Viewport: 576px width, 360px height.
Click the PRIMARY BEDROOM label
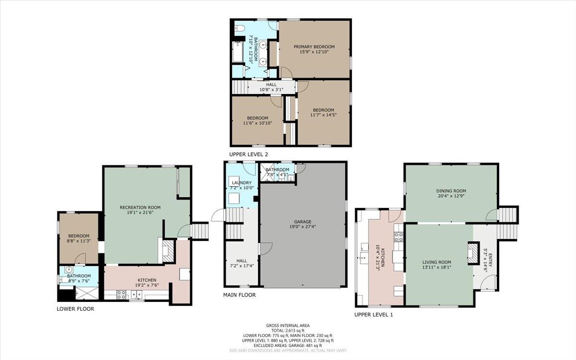(x=314, y=47)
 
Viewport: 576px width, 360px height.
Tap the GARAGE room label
(x=303, y=222)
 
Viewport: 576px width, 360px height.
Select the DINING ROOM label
(x=451, y=191)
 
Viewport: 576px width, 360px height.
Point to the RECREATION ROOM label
(x=140, y=207)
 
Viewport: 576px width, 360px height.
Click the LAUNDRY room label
(x=242, y=183)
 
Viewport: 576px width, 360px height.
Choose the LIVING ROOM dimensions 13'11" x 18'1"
(x=437, y=267)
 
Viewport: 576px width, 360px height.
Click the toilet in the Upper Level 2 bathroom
(x=239, y=28)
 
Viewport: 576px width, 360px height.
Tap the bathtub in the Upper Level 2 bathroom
(x=238, y=52)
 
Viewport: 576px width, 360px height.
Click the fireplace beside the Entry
(x=474, y=253)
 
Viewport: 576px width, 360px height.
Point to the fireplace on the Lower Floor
(x=168, y=251)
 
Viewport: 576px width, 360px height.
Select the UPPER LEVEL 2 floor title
(x=249, y=155)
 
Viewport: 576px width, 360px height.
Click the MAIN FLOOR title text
(x=240, y=295)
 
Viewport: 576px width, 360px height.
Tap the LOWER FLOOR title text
(x=75, y=309)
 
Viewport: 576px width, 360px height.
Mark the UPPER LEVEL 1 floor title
(x=373, y=315)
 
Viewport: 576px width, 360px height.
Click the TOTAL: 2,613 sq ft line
(x=288, y=330)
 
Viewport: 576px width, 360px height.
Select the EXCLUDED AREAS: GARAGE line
(x=288, y=346)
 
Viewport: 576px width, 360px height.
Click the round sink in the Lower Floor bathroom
(x=69, y=269)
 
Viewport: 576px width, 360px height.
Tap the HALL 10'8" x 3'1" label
(x=271, y=87)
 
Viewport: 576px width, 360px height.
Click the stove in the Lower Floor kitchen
(x=121, y=294)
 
